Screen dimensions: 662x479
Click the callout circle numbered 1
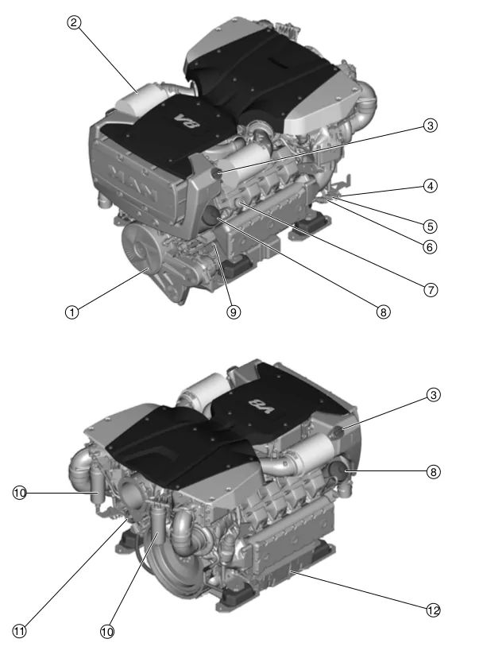click(x=71, y=312)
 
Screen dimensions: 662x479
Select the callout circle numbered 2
click(x=73, y=23)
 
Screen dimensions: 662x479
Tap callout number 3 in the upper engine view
click(x=430, y=126)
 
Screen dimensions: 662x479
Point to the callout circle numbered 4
click(x=430, y=187)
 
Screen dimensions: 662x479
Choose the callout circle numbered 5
click(x=430, y=225)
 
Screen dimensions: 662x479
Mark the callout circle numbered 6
click(x=430, y=246)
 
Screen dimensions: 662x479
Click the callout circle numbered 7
click(x=430, y=289)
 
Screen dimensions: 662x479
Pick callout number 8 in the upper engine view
click(x=383, y=312)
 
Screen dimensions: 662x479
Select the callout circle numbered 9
click(x=233, y=312)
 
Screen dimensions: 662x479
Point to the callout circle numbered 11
click(x=20, y=632)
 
